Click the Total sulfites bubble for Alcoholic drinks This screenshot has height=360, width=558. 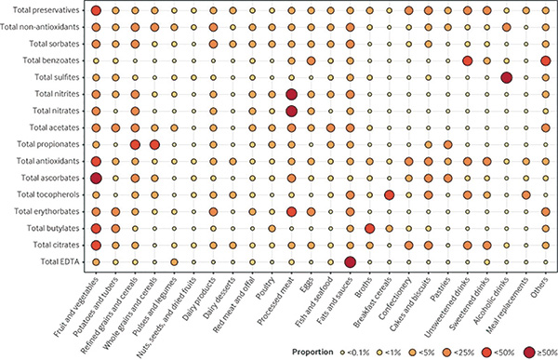click(507, 77)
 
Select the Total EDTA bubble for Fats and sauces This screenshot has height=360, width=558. click(351, 262)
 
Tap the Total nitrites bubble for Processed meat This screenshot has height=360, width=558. click(291, 94)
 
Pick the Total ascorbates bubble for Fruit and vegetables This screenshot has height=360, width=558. click(96, 178)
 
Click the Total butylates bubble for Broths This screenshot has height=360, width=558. click(370, 229)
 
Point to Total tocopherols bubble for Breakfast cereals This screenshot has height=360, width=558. click(390, 194)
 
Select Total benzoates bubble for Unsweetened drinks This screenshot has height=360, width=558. click(467, 60)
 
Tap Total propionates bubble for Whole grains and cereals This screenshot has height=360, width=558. click(154, 144)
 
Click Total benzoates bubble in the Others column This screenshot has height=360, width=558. click(546, 60)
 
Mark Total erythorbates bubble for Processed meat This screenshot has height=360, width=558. click(291, 211)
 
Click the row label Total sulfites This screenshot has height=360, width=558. click(57, 77)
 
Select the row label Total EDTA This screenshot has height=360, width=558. click(60, 261)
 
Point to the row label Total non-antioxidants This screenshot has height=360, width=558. click(40, 27)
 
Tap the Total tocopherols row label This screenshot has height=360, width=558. click(48, 194)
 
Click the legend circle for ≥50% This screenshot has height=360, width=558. click(529, 353)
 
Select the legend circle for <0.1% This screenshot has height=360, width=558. click(342, 353)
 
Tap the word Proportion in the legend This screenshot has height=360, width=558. click(312, 353)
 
